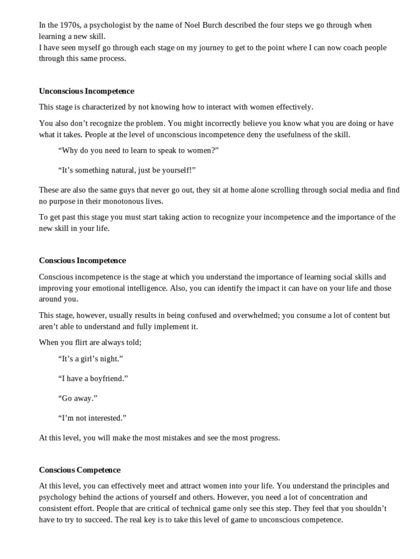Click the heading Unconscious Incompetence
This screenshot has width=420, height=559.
pos(86,91)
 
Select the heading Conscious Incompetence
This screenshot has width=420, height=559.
pos(83,260)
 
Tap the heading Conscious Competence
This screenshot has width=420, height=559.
pos(80,469)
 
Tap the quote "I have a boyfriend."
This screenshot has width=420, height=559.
pos(92,378)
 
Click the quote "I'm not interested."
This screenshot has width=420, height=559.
pos(92,418)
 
